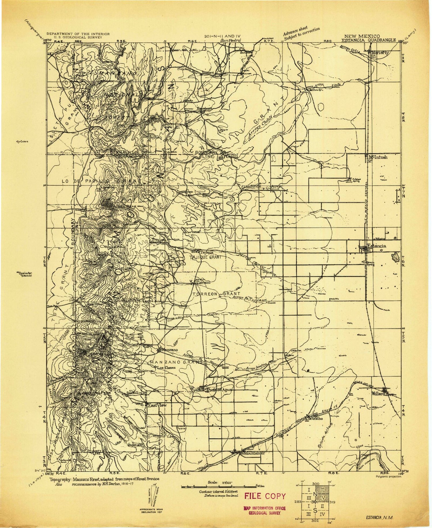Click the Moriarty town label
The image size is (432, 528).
[x=380, y=52]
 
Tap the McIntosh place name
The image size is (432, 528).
[x=379, y=157]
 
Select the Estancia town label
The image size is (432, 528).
[x=376, y=246]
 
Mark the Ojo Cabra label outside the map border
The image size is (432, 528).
[x=24, y=142]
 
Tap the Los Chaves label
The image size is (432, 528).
[x=166, y=368]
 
